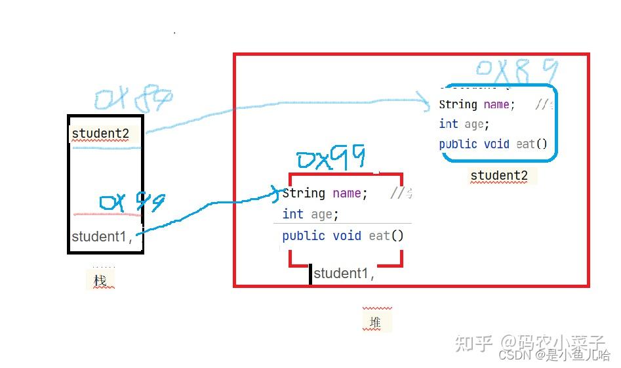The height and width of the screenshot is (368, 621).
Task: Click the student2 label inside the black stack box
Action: click(x=100, y=134)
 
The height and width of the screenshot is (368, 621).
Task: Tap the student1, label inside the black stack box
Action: click(x=102, y=237)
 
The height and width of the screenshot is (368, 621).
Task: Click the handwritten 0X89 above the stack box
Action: click(x=133, y=98)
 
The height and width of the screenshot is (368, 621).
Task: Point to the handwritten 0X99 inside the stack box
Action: click(x=131, y=203)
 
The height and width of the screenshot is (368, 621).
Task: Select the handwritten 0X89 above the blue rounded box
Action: click(x=517, y=70)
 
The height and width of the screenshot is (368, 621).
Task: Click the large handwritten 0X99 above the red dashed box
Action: click(x=331, y=159)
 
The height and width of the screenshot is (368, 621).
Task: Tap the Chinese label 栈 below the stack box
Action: click(x=100, y=281)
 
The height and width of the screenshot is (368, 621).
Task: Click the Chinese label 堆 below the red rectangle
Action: click(x=375, y=322)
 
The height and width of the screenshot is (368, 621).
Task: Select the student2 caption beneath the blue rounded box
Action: click(x=499, y=175)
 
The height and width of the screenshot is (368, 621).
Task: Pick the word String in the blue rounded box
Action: click(x=458, y=104)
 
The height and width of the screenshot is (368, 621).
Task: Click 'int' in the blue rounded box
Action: click(x=449, y=124)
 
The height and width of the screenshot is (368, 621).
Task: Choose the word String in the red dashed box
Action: click(x=304, y=193)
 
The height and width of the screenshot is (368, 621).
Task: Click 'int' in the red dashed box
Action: click(x=292, y=214)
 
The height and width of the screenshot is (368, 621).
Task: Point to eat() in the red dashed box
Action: click(x=386, y=235)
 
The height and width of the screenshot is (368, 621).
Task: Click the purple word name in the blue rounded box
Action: click(x=496, y=104)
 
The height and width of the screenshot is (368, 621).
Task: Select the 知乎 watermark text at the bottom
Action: click(x=473, y=343)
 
